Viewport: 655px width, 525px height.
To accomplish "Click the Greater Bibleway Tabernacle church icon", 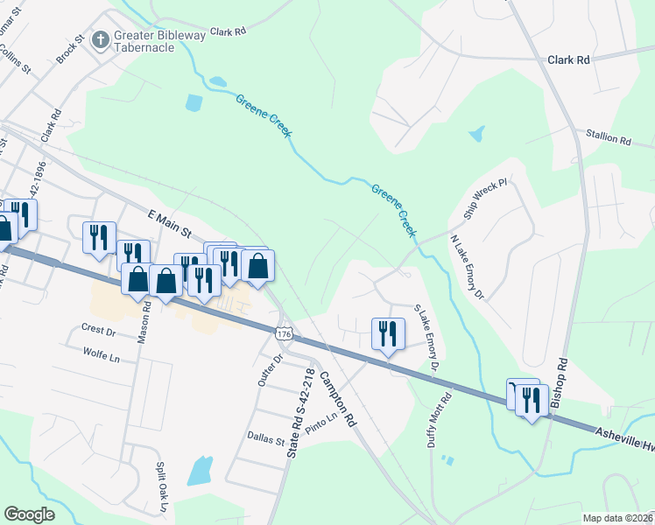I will [102, 39].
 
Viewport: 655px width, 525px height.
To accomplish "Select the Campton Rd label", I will [337, 395].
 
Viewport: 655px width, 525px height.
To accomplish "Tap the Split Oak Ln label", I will [161, 488].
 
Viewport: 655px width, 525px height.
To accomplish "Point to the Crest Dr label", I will [98, 332].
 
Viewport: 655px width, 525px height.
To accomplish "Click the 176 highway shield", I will [283, 334].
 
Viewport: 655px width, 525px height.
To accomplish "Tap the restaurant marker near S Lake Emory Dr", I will [387, 334].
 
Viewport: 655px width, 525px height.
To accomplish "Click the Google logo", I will [29, 514].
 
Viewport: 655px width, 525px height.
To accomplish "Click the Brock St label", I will [69, 49].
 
